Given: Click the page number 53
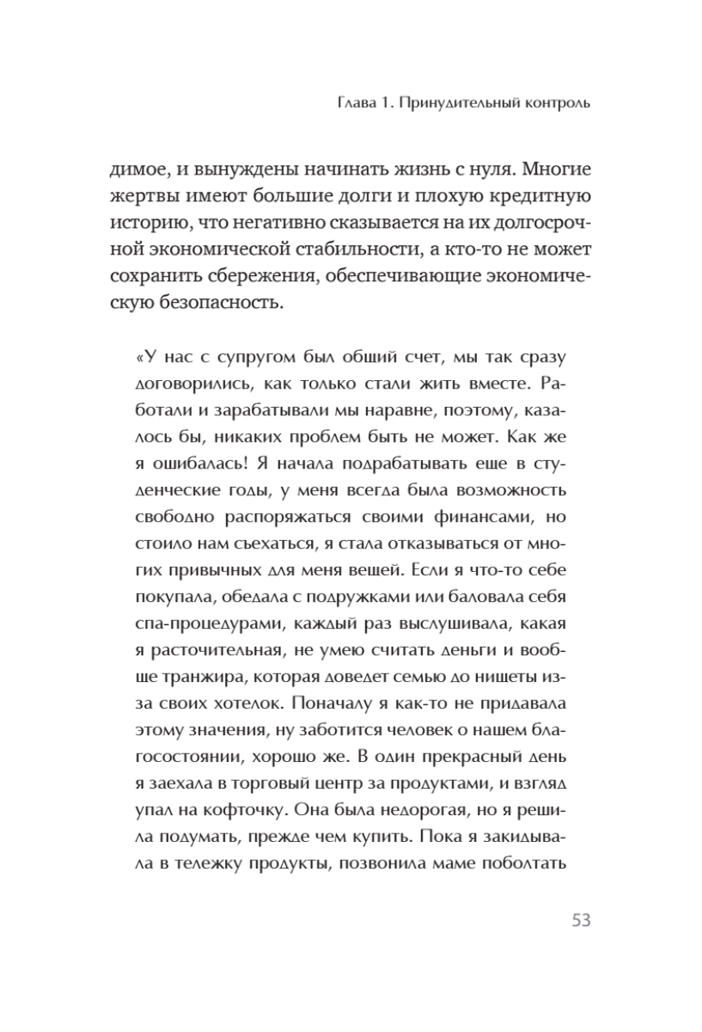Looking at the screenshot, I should pyautogui.click(x=580, y=920).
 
